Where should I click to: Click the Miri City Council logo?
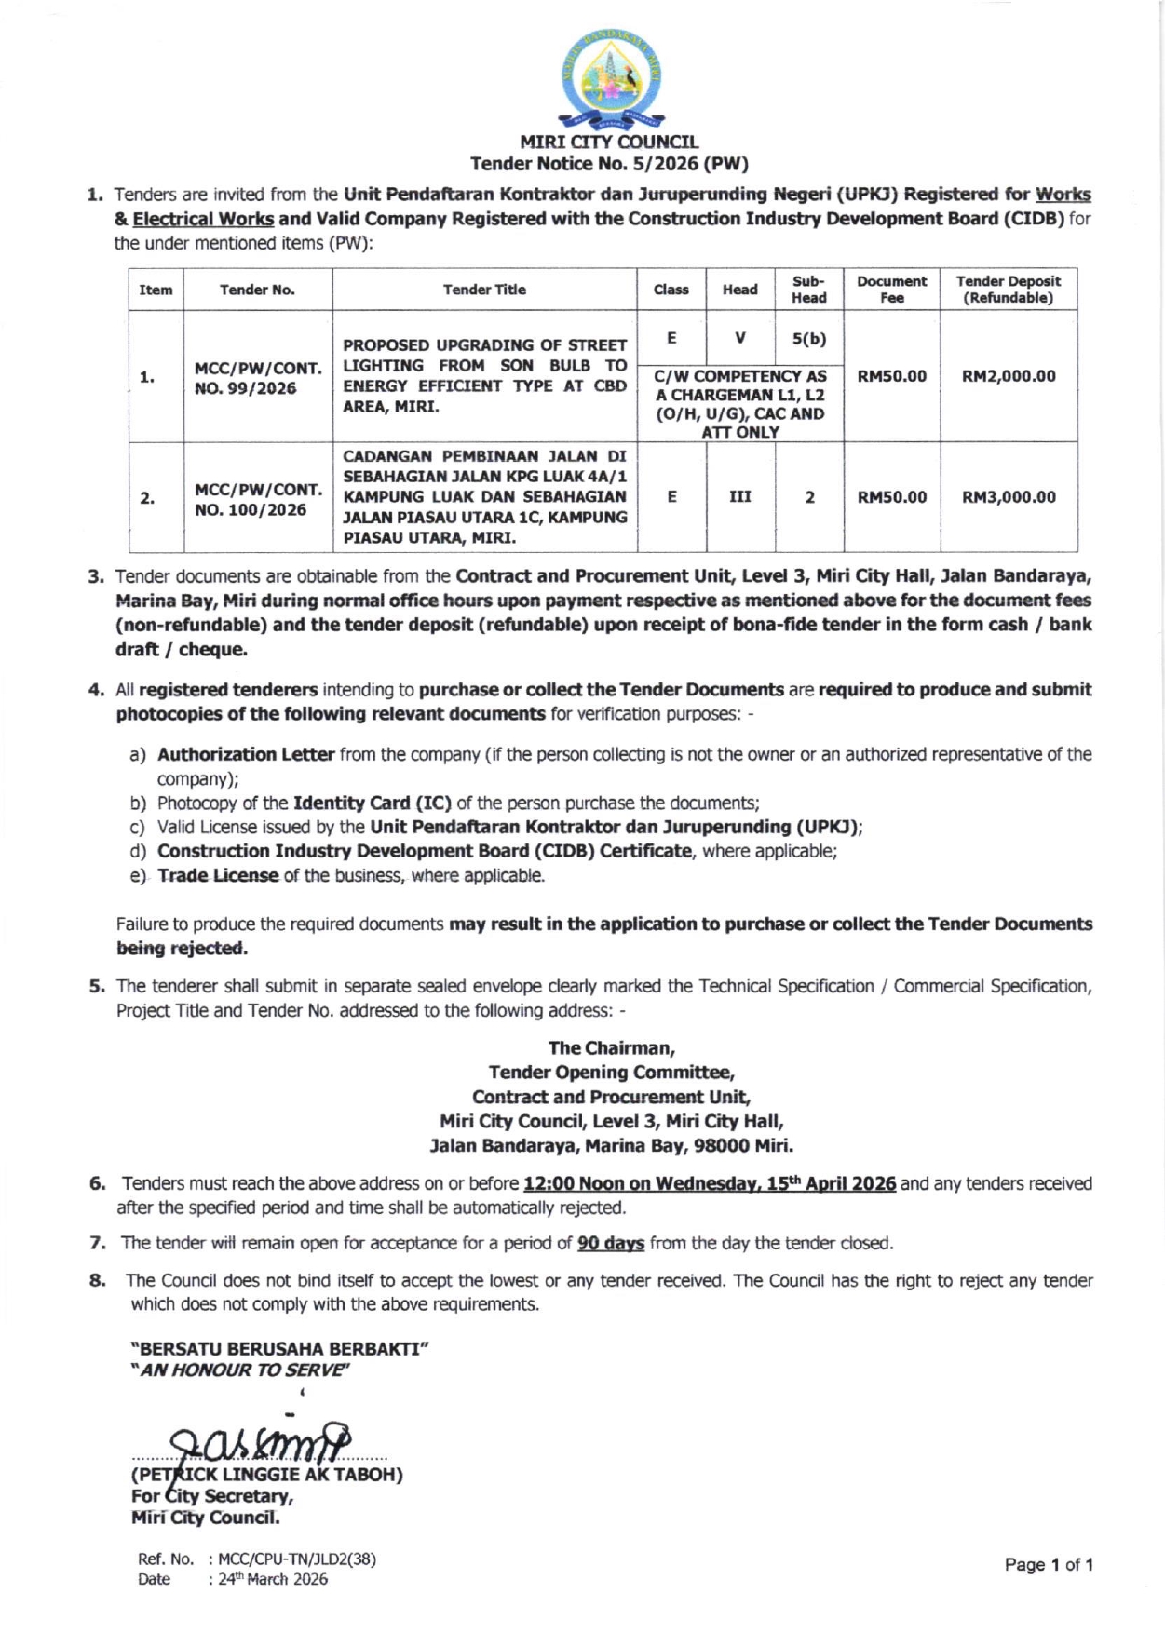pos(610,79)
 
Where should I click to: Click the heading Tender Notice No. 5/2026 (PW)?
pos(609,164)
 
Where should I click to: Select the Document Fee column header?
pos(891,290)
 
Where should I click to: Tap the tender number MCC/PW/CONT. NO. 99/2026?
pos(257,377)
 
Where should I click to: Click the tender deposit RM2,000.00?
pos(1009,376)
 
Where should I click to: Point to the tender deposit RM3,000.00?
pos(1009,497)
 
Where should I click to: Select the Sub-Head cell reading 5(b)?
pos(809,339)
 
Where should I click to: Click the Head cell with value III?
pos(740,497)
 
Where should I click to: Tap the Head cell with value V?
pos(740,339)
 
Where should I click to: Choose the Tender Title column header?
pos(484,290)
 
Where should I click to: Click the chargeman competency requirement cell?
pos(740,404)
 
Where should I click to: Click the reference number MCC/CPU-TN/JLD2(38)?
pos(297,1559)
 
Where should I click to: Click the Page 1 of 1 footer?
pos(1048,1565)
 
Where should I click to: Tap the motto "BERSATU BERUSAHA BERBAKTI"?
pos(279,1348)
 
